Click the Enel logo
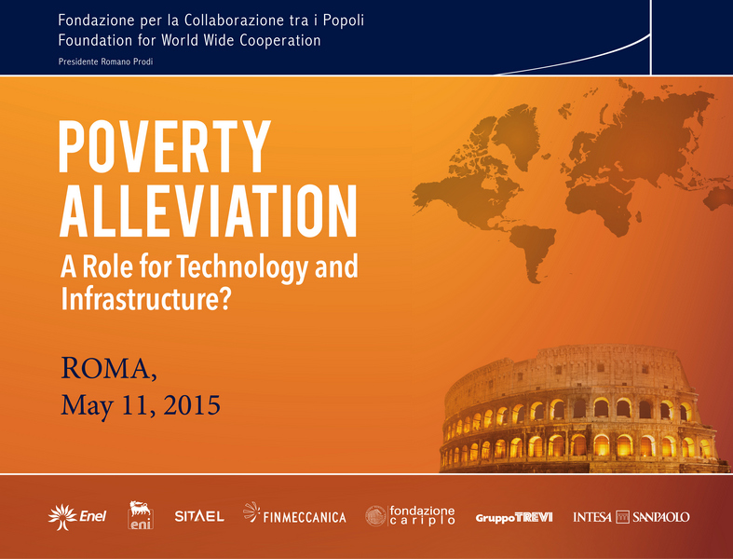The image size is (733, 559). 77,517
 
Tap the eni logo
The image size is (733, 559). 141,515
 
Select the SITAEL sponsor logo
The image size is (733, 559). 199,516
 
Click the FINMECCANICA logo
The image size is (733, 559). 294,513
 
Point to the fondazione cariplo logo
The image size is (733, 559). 410,515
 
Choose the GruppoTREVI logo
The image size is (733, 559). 514,517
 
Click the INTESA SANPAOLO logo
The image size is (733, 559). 631,517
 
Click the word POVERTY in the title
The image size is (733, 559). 165,147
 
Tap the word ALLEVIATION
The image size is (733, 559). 209,211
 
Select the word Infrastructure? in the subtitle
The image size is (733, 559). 146,298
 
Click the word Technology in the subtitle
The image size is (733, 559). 242,267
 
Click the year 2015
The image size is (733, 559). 192,405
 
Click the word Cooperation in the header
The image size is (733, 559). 280,40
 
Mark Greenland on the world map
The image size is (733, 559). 518,133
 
